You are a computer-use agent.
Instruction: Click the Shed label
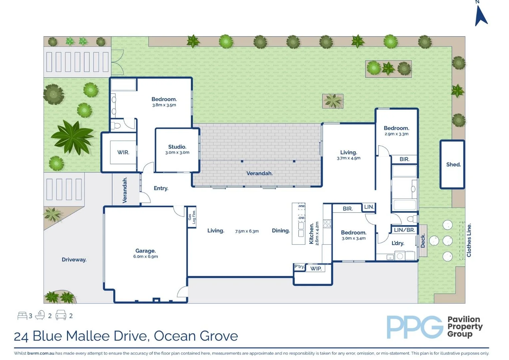[x=453, y=164]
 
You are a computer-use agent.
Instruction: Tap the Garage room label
[x=145, y=251]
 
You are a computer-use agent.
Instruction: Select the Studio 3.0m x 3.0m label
[x=177, y=149]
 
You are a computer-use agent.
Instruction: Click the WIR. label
[x=123, y=152]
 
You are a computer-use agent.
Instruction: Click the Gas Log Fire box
[x=192, y=217]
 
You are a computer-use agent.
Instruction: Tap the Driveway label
[x=74, y=259]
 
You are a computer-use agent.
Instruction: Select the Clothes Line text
[x=469, y=240]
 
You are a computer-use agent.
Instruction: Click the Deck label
[x=423, y=241]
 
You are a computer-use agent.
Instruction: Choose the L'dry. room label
[x=398, y=243]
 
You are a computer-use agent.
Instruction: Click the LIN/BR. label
[x=404, y=230]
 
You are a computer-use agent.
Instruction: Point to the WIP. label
[x=316, y=268]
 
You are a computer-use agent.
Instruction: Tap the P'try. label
[x=299, y=266]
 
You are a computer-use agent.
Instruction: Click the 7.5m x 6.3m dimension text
[x=247, y=231]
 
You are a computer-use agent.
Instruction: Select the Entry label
[x=161, y=188]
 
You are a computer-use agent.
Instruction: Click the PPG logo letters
[x=414, y=327]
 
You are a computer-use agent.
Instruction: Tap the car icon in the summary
[x=61, y=315]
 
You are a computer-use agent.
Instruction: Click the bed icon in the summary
[x=22, y=315]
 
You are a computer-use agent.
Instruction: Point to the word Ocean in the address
[x=173, y=336]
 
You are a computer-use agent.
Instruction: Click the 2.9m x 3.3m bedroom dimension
[x=396, y=134]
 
